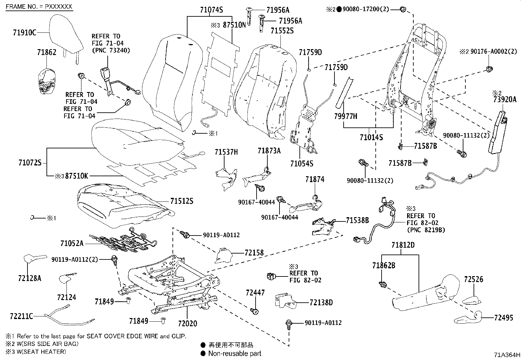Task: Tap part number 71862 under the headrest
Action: pyautogui.click(x=46, y=52)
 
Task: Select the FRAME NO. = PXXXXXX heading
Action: pyautogui.click(x=39, y=7)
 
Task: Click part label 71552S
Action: pyautogui.click(x=282, y=31)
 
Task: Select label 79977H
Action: pyautogui.click(x=346, y=116)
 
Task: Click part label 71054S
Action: pyautogui.click(x=302, y=163)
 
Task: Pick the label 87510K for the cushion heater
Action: pyautogui.click(x=77, y=176)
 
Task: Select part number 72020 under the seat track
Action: pyautogui.click(x=188, y=324)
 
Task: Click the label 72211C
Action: pyautogui.click(x=22, y=316)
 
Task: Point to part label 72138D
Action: pyautogui.click(x=321, y=303)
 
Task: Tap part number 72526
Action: pyautogui.click(x=473, y=279)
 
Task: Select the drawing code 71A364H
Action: pyautogui.click(x=507, y=354)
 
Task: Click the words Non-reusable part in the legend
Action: pyautogui.click(x=235, y=353)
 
